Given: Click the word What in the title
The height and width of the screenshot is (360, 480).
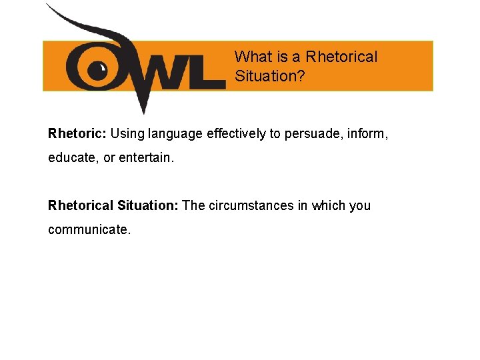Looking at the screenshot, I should [251, 57].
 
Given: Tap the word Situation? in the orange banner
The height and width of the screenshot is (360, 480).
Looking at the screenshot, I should [270, 76].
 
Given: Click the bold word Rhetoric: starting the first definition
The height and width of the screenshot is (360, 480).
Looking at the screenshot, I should [77, 133].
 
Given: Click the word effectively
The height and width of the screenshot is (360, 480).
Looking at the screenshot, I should [237, 133].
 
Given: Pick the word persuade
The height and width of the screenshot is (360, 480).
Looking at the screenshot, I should [310, 134].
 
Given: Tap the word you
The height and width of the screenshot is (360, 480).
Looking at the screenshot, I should [360, 205].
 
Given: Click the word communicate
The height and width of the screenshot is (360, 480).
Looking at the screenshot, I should [89, 230].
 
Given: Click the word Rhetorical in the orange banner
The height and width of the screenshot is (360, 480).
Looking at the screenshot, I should [341, 57].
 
